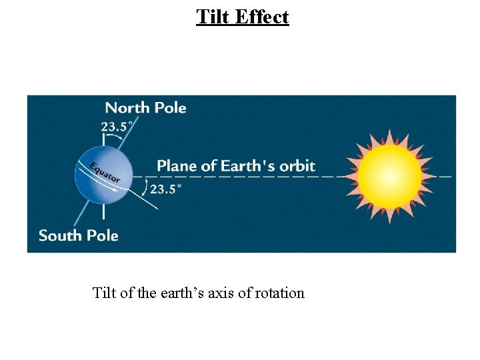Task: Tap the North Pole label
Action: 145,108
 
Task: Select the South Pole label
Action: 78,235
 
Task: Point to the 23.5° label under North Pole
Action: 117,126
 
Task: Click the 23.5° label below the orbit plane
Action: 165,189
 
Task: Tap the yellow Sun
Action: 390,177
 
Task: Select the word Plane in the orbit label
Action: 177,166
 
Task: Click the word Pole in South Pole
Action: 102,235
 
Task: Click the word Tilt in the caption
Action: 104,293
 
